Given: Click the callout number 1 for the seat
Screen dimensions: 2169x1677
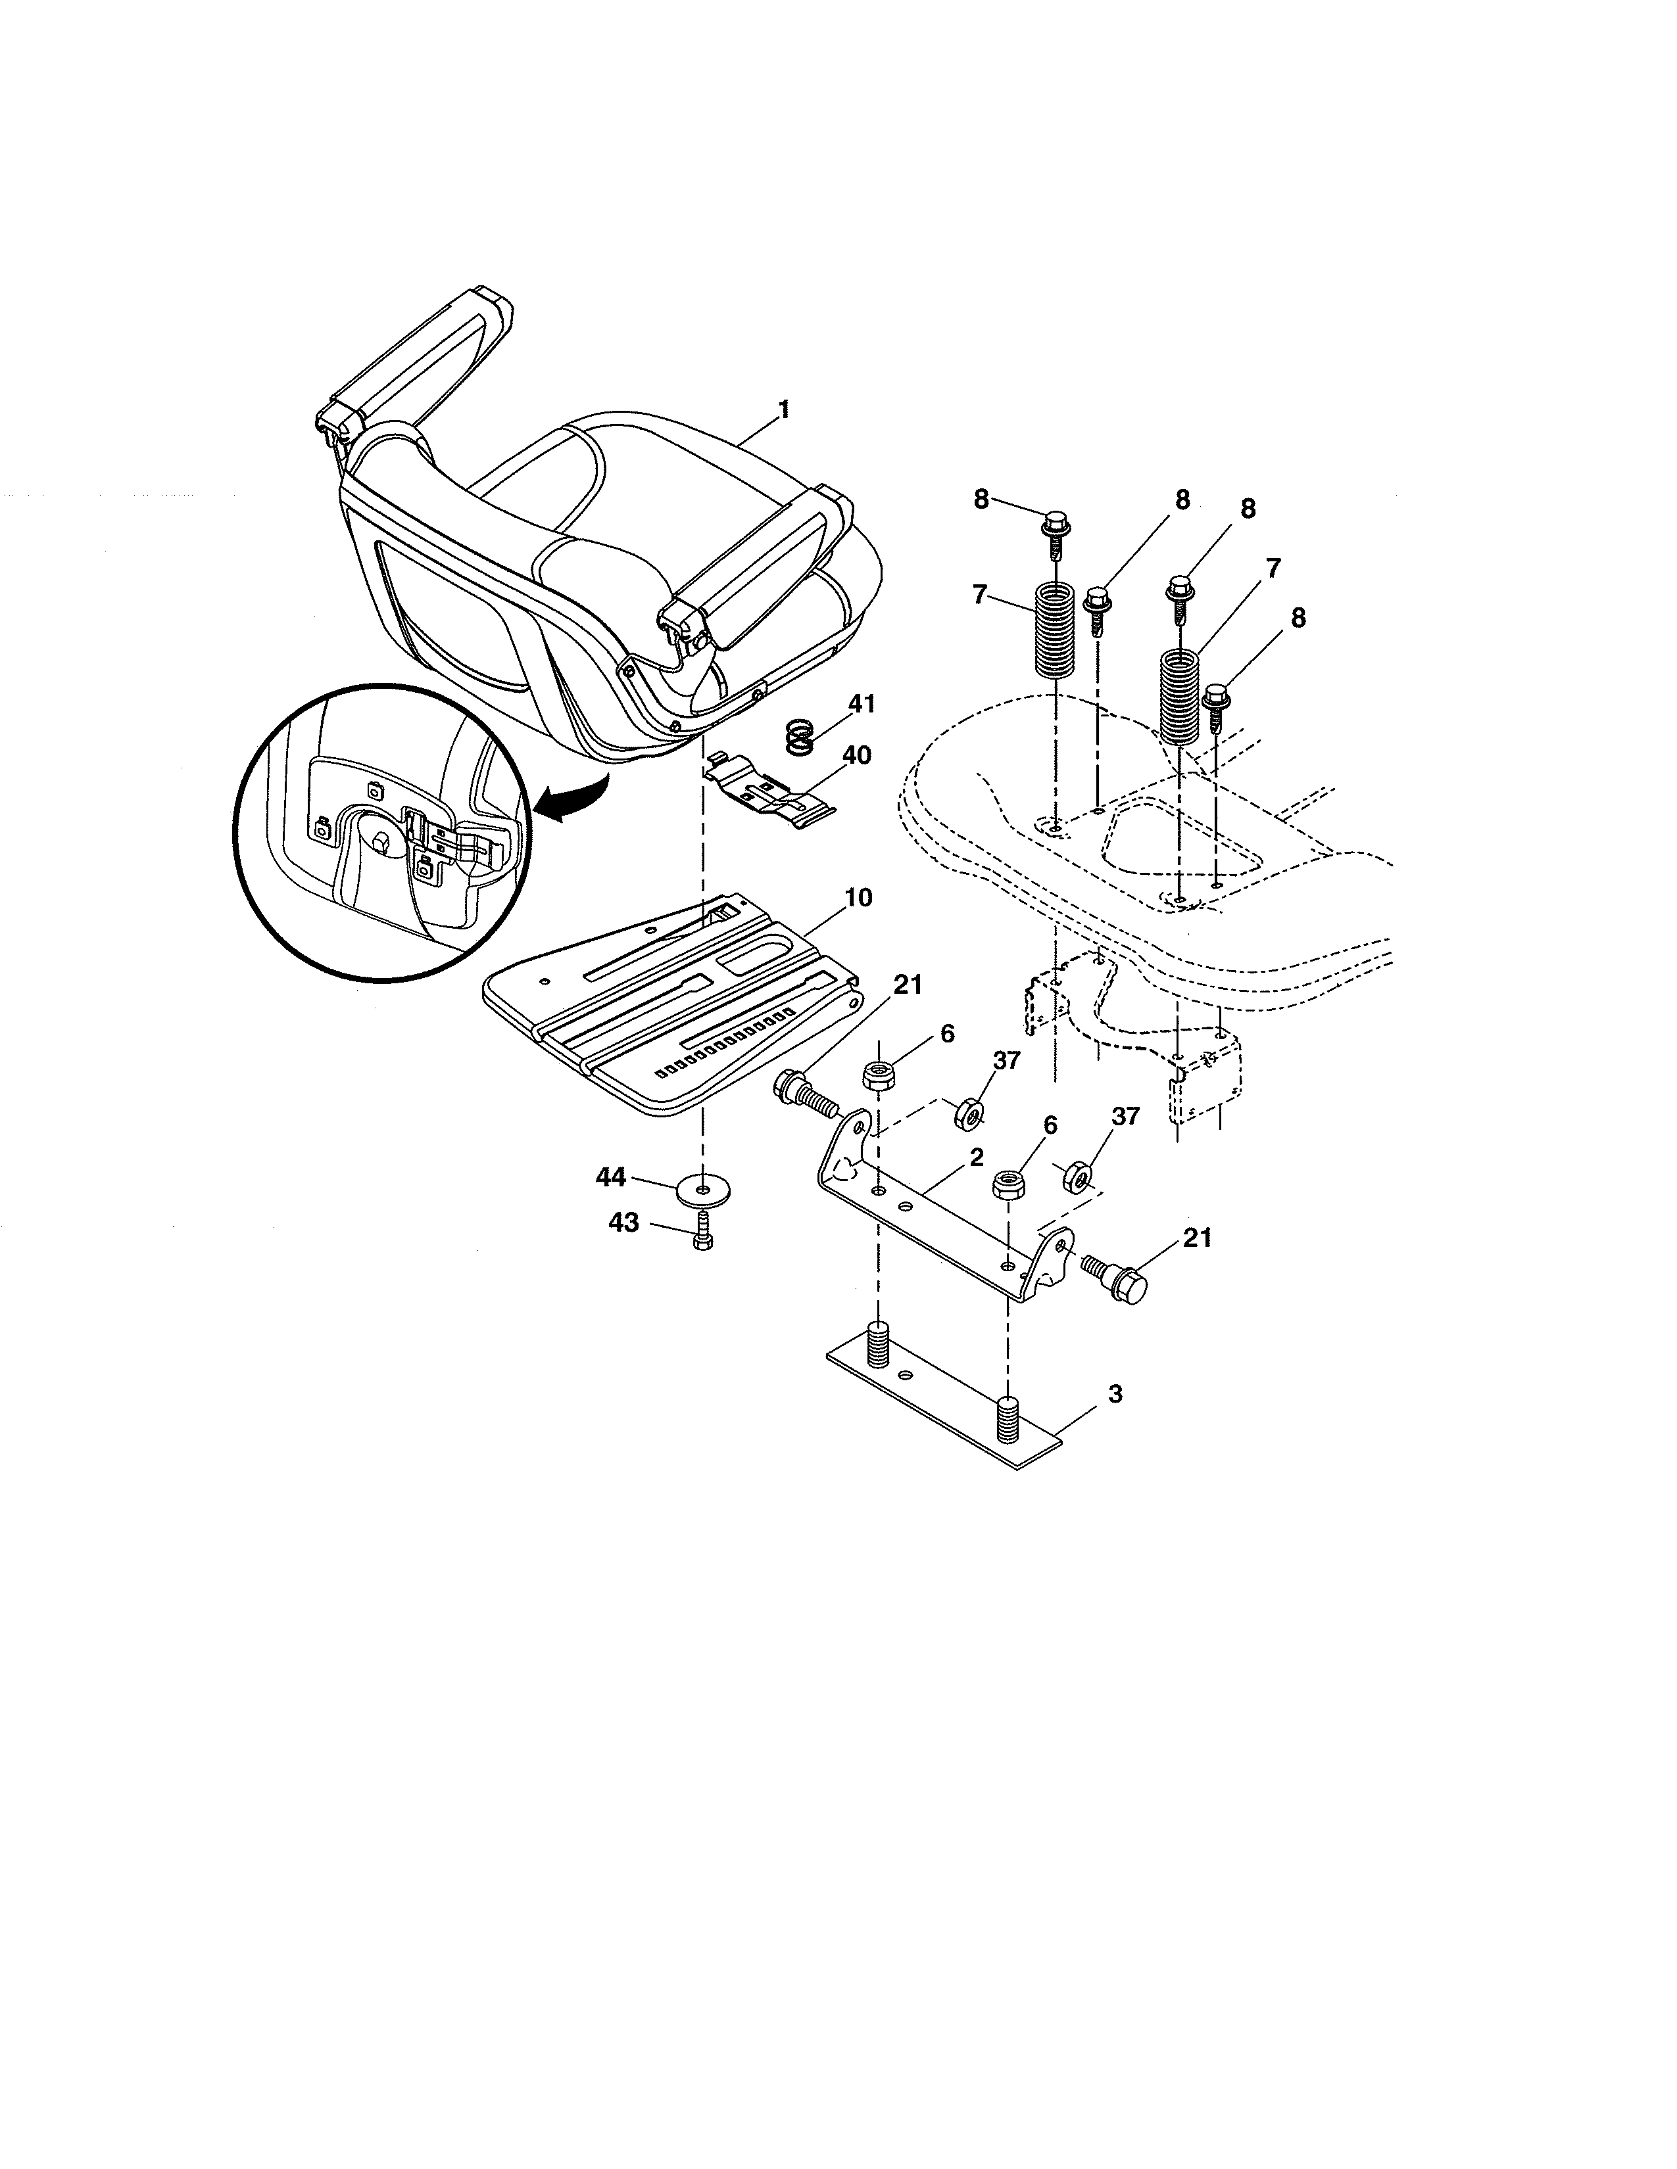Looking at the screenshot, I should click(784, 409).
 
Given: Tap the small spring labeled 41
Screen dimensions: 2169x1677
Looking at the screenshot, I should click(799, 738).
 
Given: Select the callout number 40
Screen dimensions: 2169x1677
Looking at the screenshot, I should click(856, 756).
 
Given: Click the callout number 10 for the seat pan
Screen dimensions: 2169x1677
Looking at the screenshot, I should click(858, 898).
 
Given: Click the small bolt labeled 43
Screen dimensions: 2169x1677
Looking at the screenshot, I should click(702, 1236).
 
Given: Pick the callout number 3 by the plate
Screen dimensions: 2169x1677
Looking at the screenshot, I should click(1115, 1394).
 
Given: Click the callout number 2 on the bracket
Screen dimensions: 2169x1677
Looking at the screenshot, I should click(977, 1157).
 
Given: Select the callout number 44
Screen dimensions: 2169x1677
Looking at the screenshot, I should click(610, 1177).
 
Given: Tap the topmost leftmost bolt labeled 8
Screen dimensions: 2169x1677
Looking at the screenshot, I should click(1055, 525).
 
